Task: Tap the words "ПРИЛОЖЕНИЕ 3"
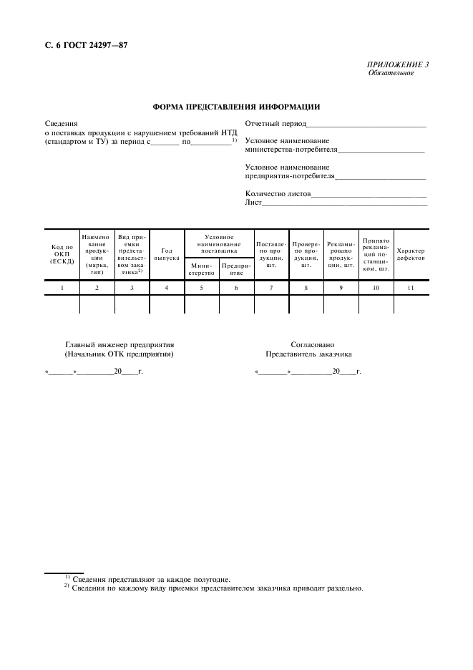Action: pyautogui.click(x=398, y=65)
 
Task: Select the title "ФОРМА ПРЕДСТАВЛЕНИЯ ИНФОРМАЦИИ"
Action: pyautogui.click(x=236, y=107)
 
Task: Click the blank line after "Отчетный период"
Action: pyautogui.click(x=366, y=125)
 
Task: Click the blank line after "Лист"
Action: pyautogui.click(x=345, y=205)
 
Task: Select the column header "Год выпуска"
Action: pyautogui.click(x=167, y=254)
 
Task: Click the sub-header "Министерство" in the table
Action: pyautogui.click(x=201, y=269)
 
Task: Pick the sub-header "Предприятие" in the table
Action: pyautogui.click(x=236, y=269)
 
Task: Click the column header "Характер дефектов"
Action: pyautogui.click(x=411, y=254)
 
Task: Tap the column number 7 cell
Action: pyautogui.click(x=271, y=288)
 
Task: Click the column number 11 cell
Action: pyautogui.click(x=411, y=288)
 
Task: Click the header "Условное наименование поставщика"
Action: pyautogui.click(x=219, y=243)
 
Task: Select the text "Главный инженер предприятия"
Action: pyautogui.click(x=120, y=344)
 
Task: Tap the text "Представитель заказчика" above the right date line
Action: pyautogui.click(x=308, y=354)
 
